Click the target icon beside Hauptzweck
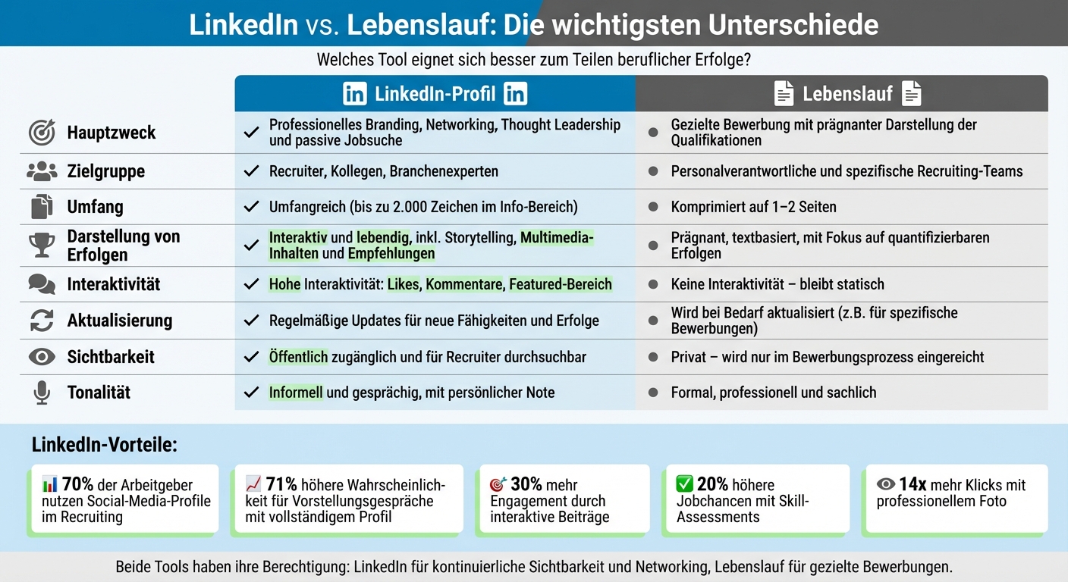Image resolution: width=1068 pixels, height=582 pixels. (42, 133)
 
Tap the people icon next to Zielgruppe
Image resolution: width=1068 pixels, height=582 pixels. (42, 171)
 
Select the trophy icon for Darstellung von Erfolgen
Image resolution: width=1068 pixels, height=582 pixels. (42, 245)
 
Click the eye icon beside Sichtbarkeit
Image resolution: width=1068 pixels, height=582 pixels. (42, 357)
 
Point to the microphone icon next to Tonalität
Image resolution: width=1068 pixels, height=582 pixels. (42, 393)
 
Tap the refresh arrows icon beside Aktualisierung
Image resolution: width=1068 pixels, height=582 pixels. (42, 321)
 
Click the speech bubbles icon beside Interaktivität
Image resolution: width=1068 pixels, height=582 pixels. (42, 284)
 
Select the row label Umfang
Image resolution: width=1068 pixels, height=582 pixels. (95, 207)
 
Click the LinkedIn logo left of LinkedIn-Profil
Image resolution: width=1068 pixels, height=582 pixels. (354, 94)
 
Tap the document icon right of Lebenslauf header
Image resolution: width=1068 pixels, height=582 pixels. (911, 94)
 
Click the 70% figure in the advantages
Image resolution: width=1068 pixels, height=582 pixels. (78, 485)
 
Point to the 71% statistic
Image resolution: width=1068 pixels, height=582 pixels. (281, 485)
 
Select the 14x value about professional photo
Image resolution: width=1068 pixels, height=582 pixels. (913, 485)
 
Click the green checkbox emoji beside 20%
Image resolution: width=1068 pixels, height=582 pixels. (684, 484)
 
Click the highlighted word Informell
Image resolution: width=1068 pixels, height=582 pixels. (296, 393)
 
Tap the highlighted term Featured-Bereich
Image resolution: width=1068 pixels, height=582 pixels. (560, 284)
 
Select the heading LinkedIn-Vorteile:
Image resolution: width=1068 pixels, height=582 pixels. (104, 445)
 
